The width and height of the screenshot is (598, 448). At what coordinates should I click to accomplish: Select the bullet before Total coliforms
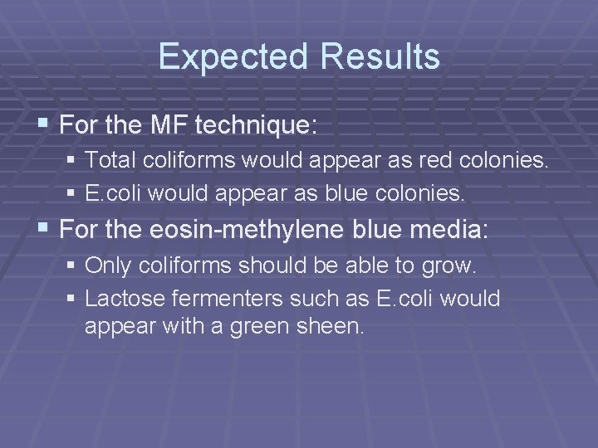point(73,160)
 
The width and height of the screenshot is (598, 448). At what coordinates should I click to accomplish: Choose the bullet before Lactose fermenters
point(73,298)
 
